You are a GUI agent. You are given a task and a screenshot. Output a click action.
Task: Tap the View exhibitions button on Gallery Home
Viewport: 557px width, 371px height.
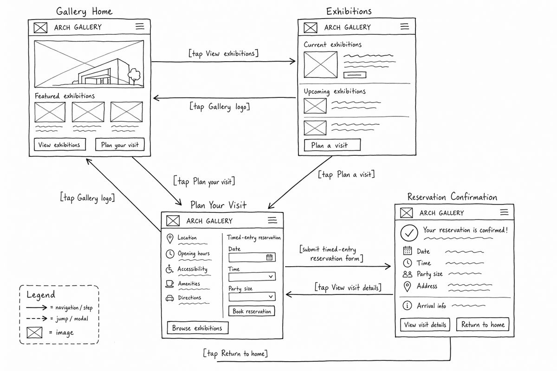click(60, 144)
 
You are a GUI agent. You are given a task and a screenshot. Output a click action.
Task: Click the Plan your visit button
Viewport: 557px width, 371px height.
click(120, 144)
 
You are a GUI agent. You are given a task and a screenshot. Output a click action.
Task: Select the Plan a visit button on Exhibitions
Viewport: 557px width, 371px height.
click(332, 145)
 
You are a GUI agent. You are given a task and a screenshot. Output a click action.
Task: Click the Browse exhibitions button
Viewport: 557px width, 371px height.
click(198, 328)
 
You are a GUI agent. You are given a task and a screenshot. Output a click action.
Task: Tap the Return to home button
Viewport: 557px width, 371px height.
click(483, 324)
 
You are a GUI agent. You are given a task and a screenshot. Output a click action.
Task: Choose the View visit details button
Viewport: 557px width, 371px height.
click(425, 325)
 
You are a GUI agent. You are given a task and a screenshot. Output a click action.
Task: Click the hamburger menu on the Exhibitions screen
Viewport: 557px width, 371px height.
click(405, 26)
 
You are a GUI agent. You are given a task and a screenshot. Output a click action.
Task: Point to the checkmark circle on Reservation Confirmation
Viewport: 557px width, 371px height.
click(409, 233)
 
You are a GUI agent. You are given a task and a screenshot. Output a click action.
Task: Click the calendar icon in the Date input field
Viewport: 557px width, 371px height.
click(269, 257)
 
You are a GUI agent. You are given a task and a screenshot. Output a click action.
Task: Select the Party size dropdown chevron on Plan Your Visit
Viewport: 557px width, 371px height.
click(271, 296)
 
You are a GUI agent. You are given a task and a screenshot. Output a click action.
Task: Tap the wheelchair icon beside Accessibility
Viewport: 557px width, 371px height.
click(169, 269)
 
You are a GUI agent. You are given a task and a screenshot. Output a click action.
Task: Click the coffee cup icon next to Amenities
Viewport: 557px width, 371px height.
click(169, 284)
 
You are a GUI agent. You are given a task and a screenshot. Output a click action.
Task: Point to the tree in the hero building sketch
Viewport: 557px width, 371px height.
click(134, 76)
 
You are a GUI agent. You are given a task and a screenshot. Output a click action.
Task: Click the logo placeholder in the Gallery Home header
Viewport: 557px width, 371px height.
click(40, 27)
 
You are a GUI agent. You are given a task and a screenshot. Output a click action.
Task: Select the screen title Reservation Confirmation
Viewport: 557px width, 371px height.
click(452, 197)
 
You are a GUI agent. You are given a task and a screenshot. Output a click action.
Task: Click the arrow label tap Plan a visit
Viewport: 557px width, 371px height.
click(346, 174)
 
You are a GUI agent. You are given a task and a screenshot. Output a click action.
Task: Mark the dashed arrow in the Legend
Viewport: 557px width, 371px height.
click(37, 318)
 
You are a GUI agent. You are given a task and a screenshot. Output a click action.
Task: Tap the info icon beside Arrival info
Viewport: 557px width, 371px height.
click(407, 306)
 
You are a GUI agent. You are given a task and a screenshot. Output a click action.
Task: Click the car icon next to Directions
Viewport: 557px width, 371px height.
click(169, 298)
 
